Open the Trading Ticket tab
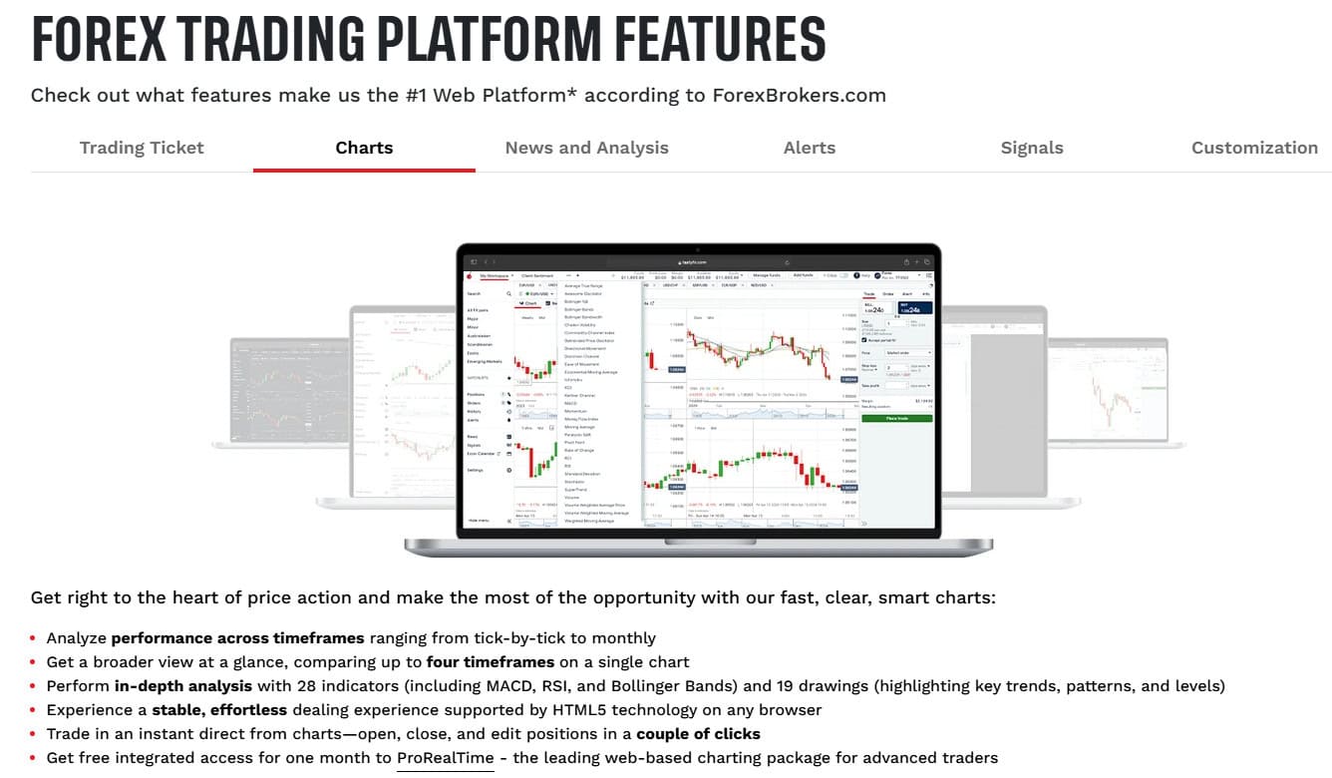pos(142,148)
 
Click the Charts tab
pos(364,148)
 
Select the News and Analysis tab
pos(586,148)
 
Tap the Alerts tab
pos(809,148)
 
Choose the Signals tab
pos(1031,148)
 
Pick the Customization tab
pos(1254,148)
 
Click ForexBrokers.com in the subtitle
pos(799,96)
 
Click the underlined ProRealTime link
pos(445,758)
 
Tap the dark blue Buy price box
pos(914,309)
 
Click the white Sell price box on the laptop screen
pos(878,309)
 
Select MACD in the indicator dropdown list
pos(570,403)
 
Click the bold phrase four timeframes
pos(490,662)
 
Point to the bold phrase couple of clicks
pos(698,734)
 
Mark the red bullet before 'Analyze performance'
pos(33,639)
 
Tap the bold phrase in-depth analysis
pos(184,686)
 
